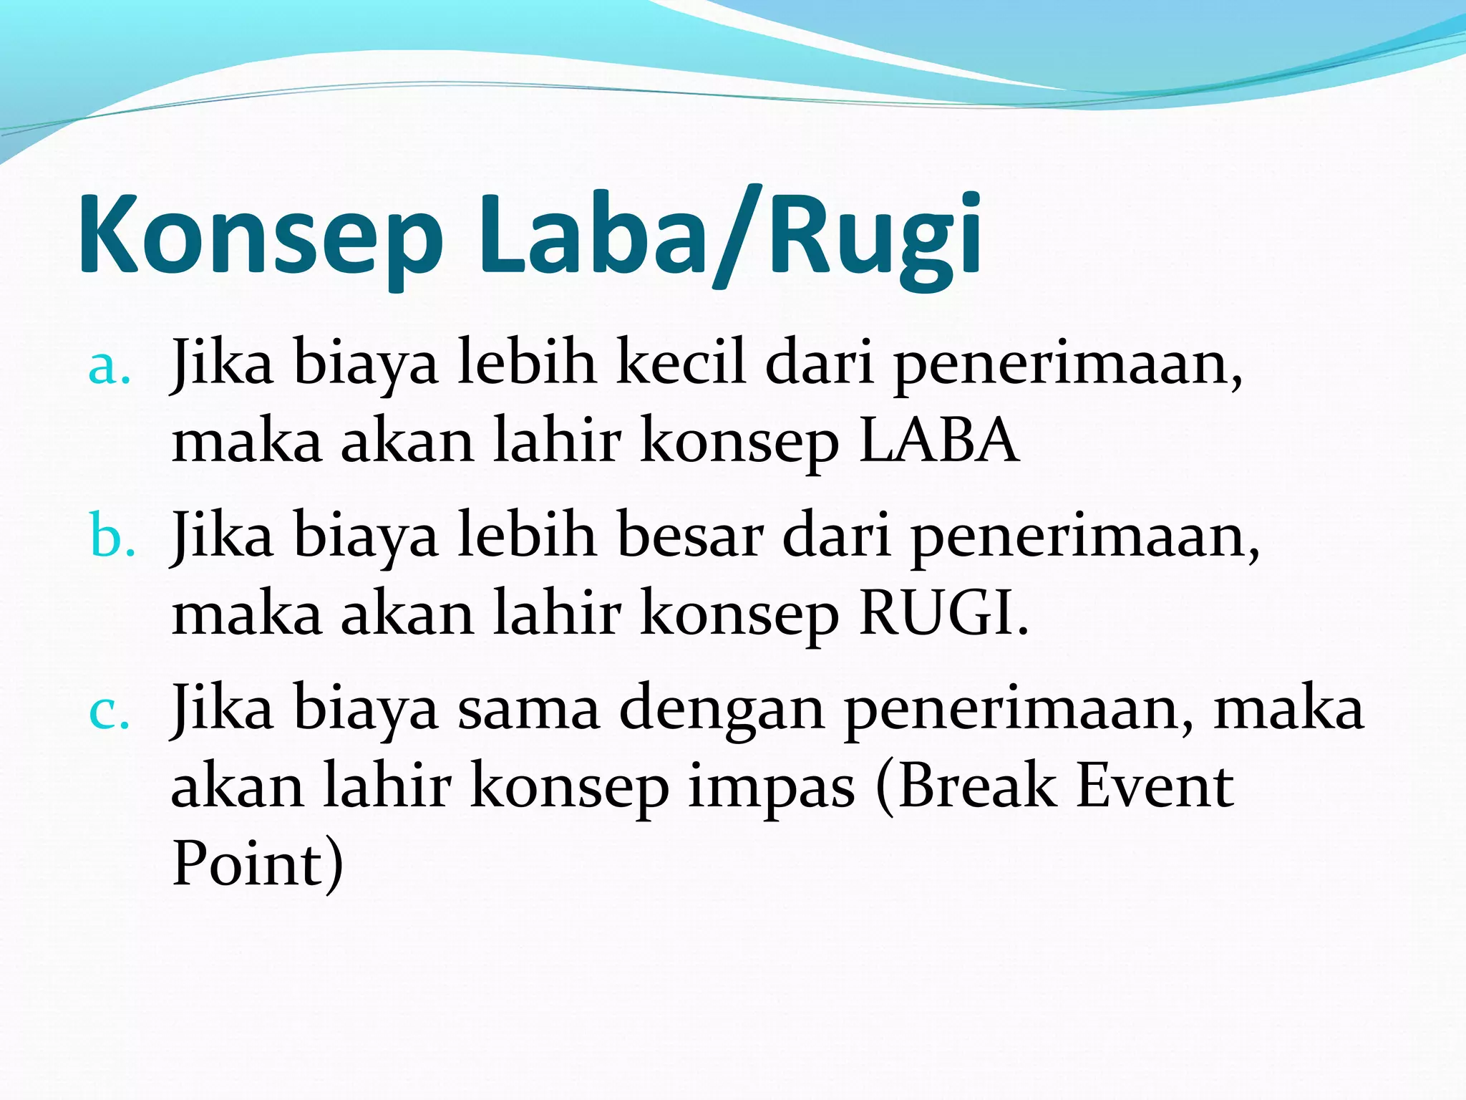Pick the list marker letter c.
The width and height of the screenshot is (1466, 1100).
[109, 713]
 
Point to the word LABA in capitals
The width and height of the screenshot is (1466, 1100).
[938, 440]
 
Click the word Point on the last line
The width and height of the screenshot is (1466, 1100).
[247, 864]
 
